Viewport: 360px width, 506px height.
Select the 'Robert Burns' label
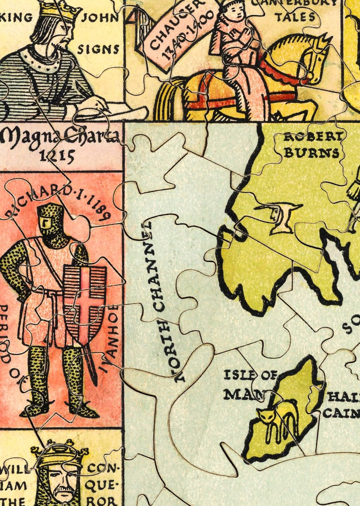[311, 145]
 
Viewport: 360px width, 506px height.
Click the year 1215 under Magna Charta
[57, 156]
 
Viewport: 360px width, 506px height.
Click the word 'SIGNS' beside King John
[98, 49]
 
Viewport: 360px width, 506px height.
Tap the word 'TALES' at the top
[295, 17]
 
